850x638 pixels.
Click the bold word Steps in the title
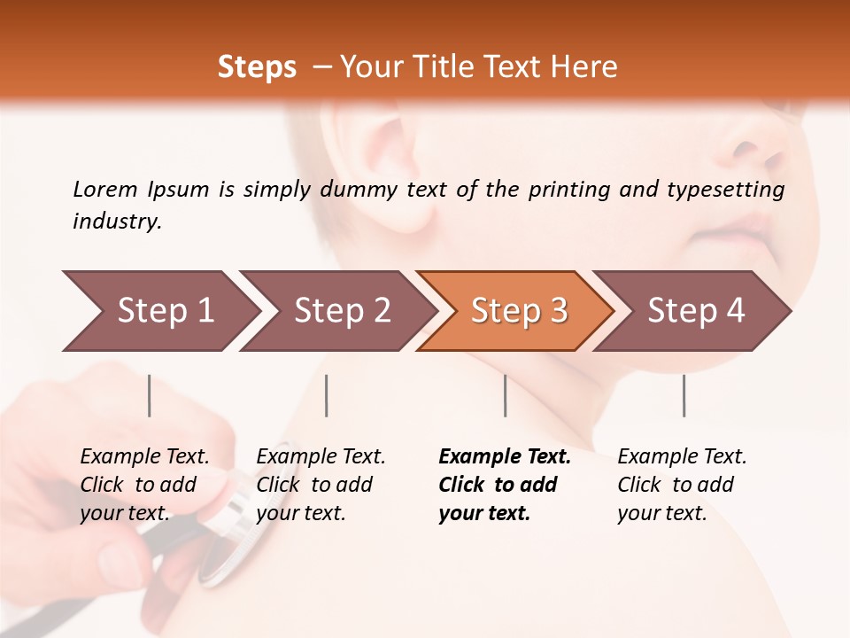click(x=257, y=67)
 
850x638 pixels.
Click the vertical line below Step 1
click(x=150, y=395)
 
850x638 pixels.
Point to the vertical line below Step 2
click(x=327, y=395)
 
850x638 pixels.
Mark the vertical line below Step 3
click(x=505, y=395)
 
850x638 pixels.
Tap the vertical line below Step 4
click(x=684, y=395)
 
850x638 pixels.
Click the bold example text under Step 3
click(x=505, y=485)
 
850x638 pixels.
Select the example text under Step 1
click(x=144, y=485)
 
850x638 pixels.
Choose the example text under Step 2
click(x=321, y=485)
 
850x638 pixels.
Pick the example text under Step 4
click(x=682, y=485)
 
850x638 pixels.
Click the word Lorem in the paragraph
click(x=105, y=189)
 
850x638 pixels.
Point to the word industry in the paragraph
click(x=117, y=222)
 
